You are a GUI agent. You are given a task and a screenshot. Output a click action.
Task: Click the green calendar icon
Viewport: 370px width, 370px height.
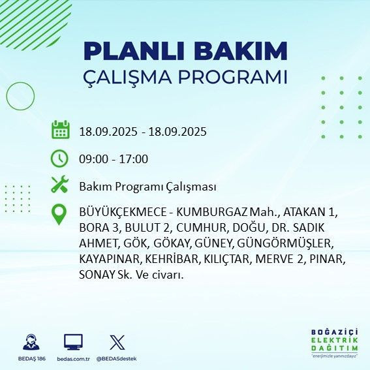click(60, 130)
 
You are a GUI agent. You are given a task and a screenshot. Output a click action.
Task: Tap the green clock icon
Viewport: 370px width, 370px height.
click(60, 158)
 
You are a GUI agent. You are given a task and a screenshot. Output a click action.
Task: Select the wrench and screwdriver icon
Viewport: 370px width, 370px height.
click(60, 185)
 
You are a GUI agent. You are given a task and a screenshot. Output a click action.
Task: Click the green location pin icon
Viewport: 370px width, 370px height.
click(60, 215)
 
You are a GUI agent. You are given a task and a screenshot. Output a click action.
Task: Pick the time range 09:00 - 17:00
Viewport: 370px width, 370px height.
click(114, 159)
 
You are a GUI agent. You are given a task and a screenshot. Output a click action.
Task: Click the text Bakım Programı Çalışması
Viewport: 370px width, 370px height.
click(147, 187)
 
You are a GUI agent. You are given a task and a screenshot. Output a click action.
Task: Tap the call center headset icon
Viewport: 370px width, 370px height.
click(31, 343)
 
